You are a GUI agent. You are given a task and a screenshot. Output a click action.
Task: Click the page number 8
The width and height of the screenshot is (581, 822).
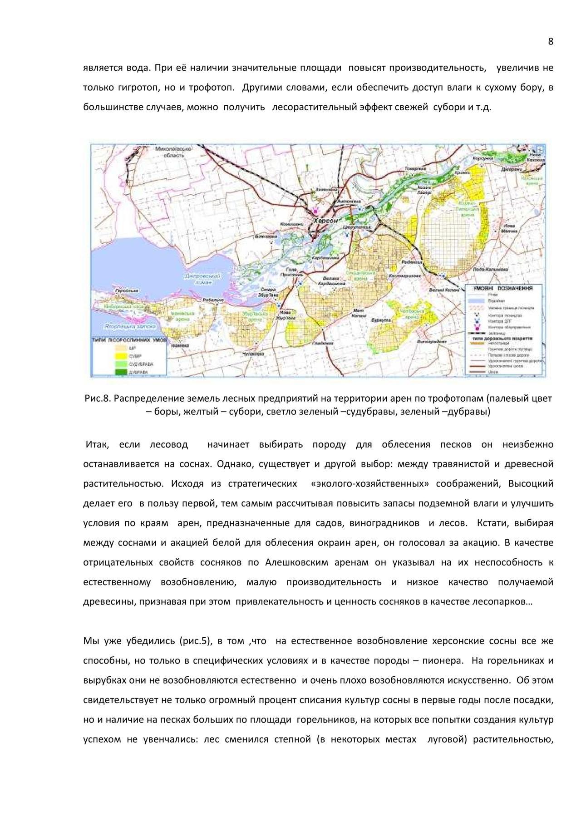[x=551, y=42]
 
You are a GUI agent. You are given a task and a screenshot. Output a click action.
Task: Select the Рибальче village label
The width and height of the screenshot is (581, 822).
[x=213, y=300]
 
